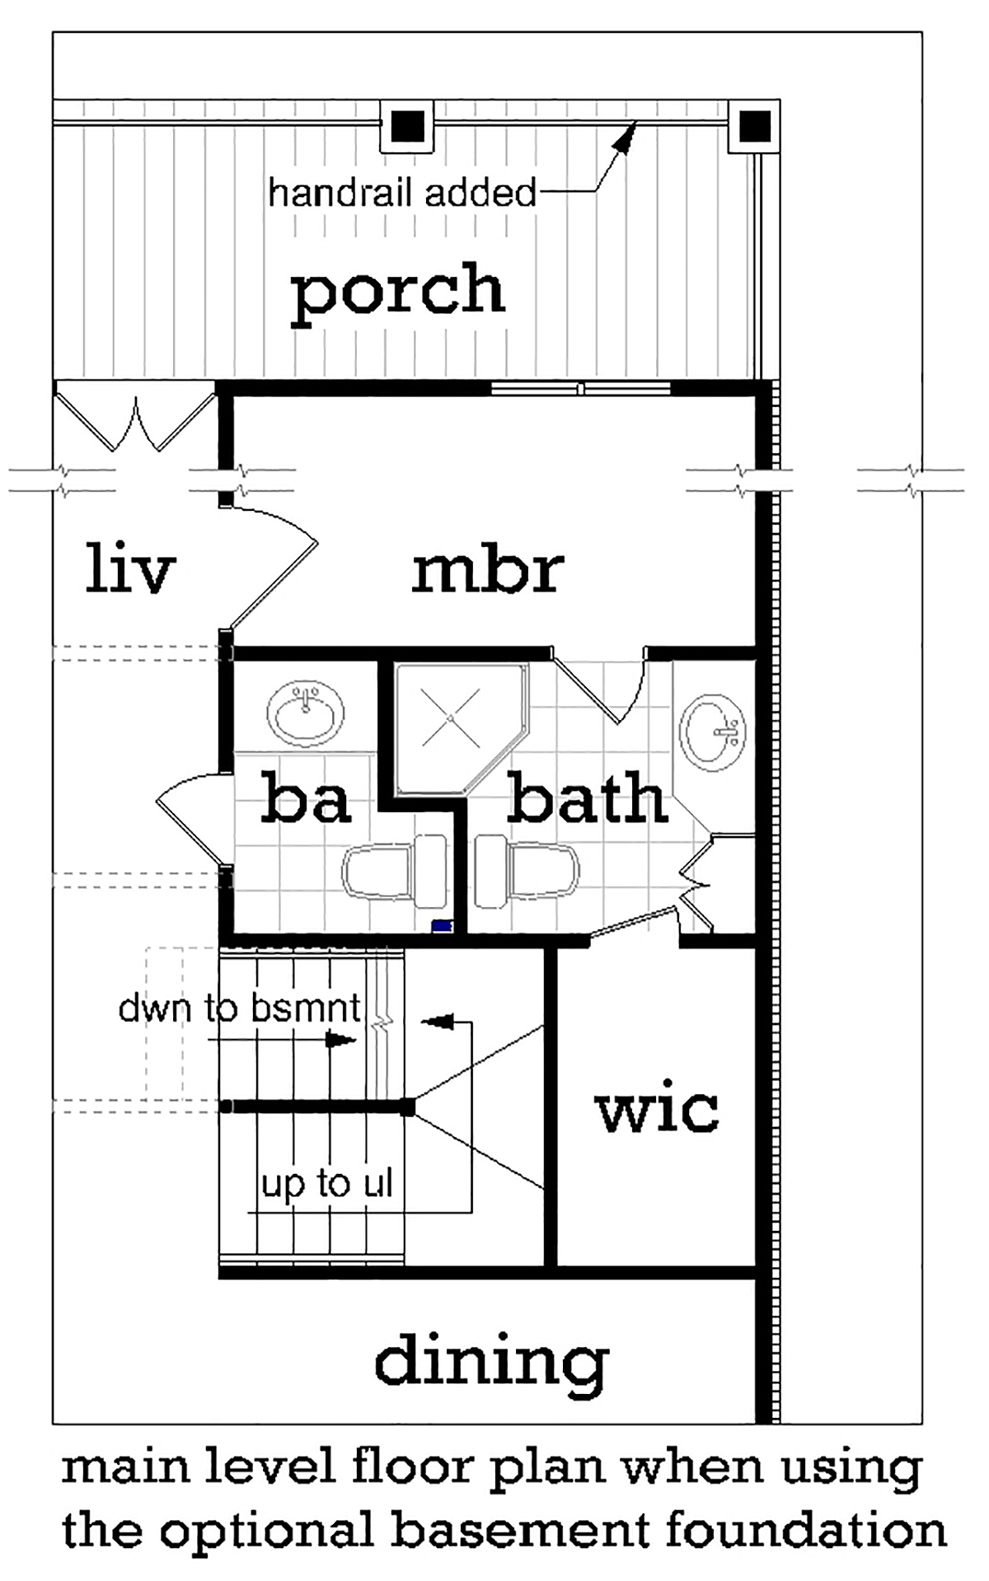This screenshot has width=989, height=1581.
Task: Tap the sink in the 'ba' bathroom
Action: [307, 713]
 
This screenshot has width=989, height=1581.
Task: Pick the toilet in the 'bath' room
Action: [527, 872]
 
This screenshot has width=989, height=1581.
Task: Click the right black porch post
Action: [754, 126]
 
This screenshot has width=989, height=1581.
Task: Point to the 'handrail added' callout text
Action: [402, 194]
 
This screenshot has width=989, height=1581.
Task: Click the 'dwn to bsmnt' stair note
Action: [240, 1008]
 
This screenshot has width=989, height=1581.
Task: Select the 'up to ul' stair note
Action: [327, 1185]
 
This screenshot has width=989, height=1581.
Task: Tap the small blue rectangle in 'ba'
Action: [443, 926]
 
